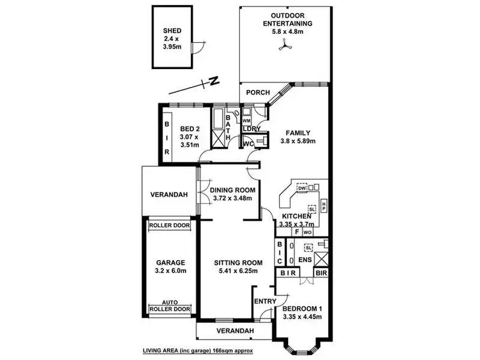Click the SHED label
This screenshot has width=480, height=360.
(172, 30)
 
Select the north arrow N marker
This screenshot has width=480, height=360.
(214, 81)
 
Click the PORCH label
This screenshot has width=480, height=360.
(258, 92)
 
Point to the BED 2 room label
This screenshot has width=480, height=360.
(189, 127)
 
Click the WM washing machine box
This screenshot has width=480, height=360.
(247, 120)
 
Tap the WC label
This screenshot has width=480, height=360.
(248, 144)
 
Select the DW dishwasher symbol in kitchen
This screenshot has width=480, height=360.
(302, 187)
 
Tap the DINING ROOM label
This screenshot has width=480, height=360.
(233, 190)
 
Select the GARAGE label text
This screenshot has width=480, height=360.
(170, 262)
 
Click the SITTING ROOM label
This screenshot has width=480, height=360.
(229, 262)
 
